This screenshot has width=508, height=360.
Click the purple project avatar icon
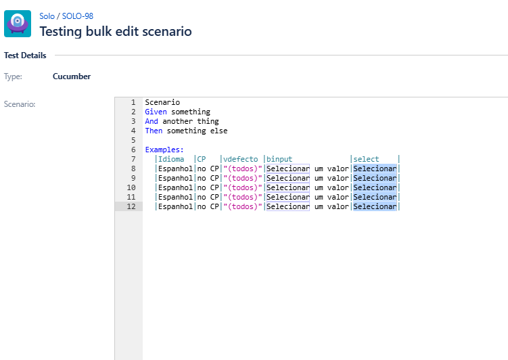click(x=18, y=23)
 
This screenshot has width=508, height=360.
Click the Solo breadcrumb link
click(x=47, y=16)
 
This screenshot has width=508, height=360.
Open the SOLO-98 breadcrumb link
click(x=77, y=16)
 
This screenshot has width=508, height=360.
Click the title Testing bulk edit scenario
click(x=115, y=31)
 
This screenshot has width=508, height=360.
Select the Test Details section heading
click(x=25, y=55)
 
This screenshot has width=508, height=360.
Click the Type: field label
click(x=13, y=76)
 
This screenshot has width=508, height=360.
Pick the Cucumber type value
click(x=72, y=76)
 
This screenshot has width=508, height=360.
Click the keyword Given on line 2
click(x=156, y=112)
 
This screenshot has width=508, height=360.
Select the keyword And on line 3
click(x=152, y=121)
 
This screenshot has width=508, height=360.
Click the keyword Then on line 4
click(x=154, y=131)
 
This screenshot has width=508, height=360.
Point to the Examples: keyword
click(x=164, y=150)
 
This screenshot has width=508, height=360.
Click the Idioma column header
click(x=171, y=159)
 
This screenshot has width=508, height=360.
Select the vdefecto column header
click(x=241, y=159)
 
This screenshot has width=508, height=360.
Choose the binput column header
click(x=279, y=159)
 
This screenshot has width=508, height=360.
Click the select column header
click(x=366, y=159)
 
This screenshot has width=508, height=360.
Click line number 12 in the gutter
click(x=131, y=206)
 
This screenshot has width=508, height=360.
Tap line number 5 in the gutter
click(x=133, y=140)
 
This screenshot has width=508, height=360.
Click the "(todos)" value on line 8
click(x=243, y=168)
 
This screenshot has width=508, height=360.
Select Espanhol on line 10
click(x=175, y=187)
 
